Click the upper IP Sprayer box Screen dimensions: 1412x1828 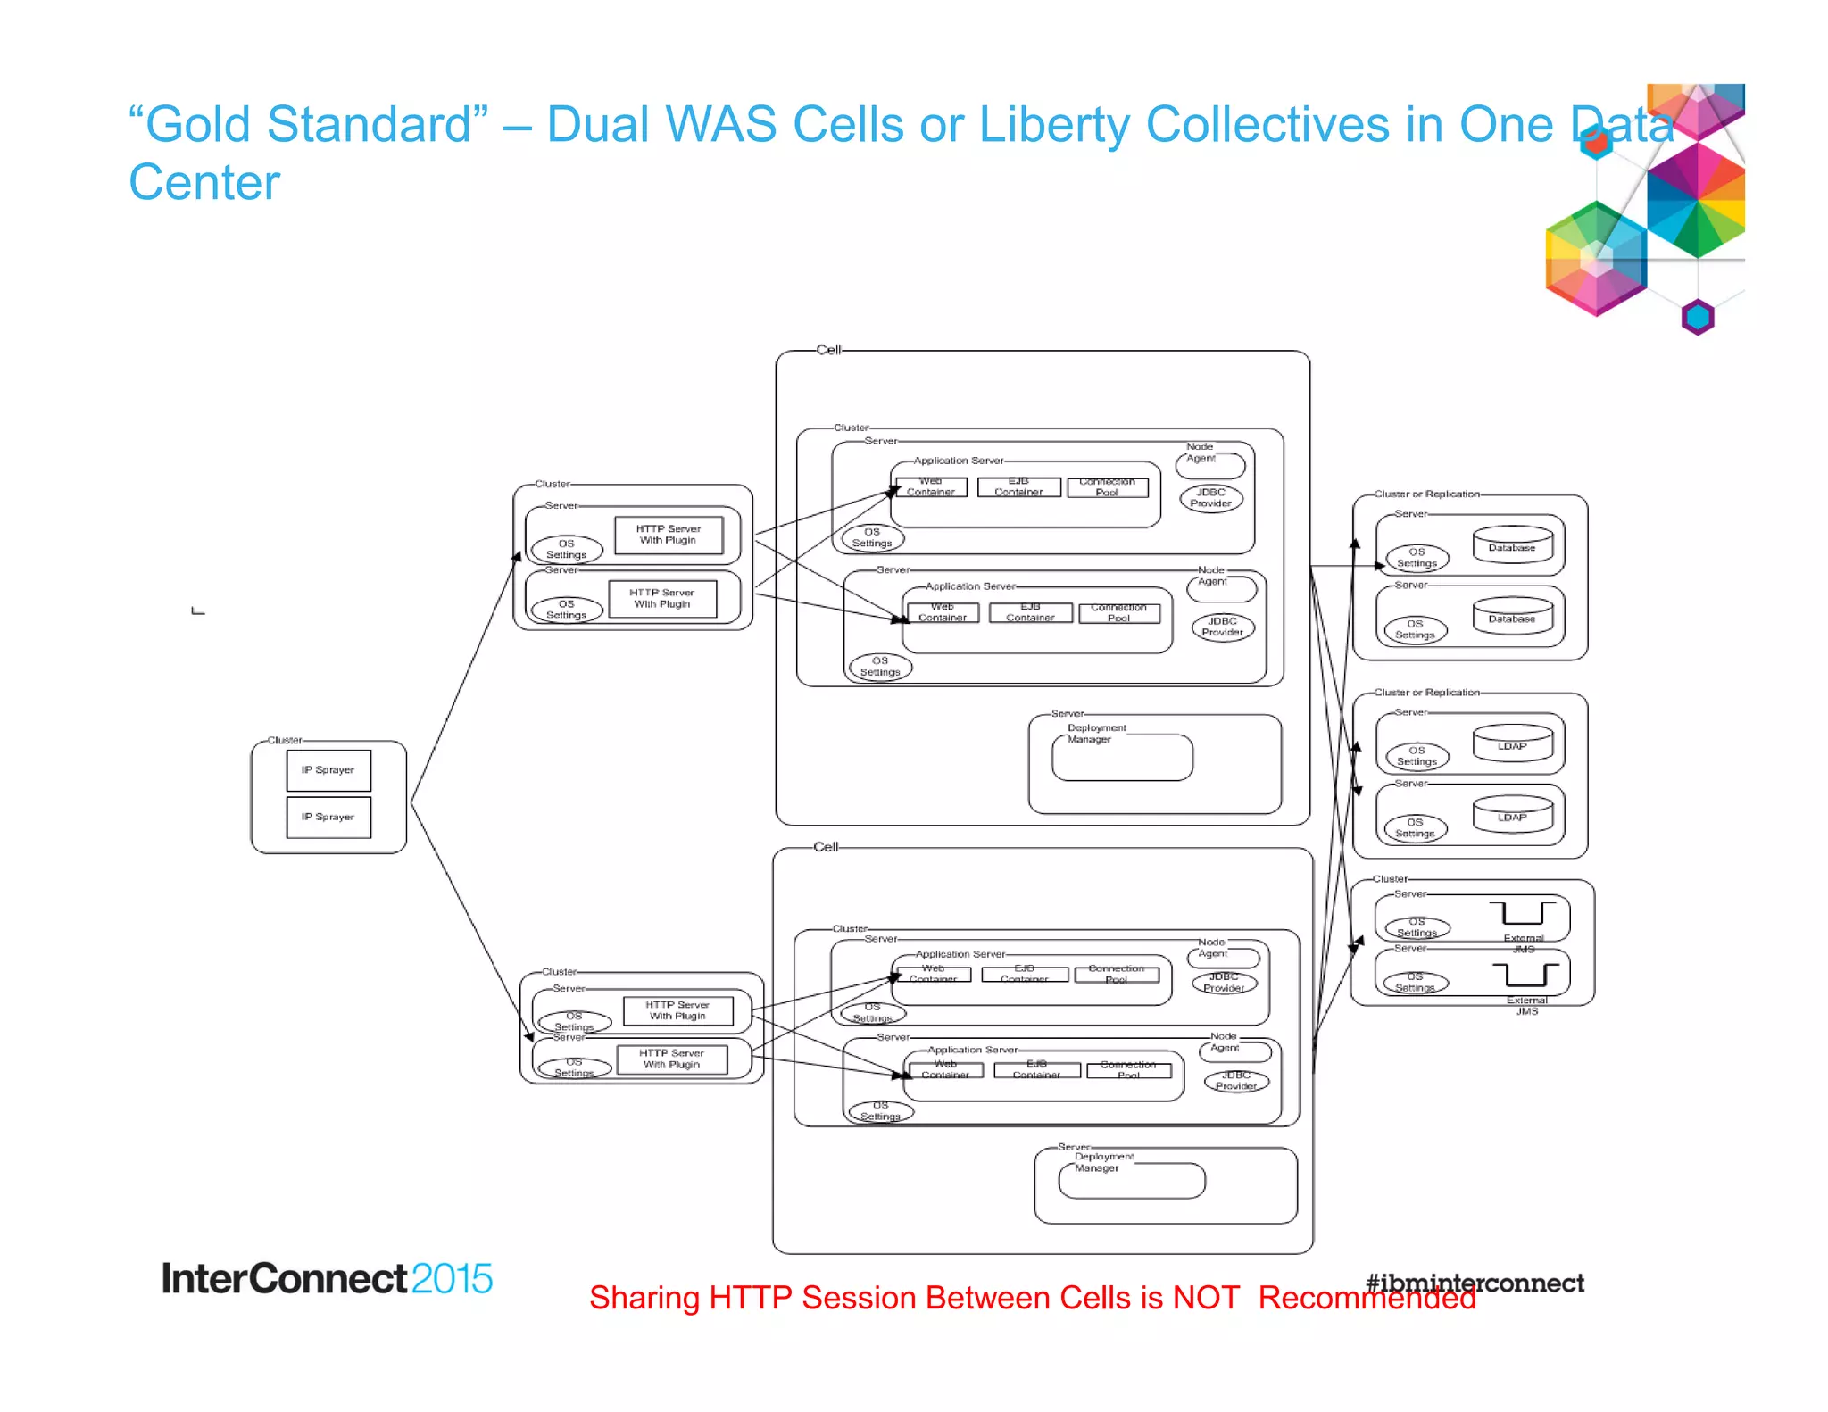point(328,770)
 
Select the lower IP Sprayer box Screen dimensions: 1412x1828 point(328,817)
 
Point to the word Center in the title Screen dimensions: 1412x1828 point(204,183)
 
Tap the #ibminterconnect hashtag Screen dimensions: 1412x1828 point(1475,1283)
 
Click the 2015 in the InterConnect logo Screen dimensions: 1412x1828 point(452,1279)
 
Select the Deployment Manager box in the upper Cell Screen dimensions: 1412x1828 point(1122,758)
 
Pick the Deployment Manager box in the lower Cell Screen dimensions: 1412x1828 point(1131,1181)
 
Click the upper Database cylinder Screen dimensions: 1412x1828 point(1512,544)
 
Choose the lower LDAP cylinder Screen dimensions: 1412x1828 point(1512,814)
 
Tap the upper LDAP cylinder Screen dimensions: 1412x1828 point(1512,743)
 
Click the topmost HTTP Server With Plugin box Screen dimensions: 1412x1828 point(668,535)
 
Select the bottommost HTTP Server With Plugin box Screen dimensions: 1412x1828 point(671,1059)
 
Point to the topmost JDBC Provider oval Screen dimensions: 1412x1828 point(1210,498)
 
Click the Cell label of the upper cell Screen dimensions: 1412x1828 point(828,350)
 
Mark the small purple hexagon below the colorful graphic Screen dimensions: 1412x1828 point(1698,317)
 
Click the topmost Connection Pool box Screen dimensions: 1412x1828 point(1107,487)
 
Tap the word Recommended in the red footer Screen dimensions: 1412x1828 point(1367,1298)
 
